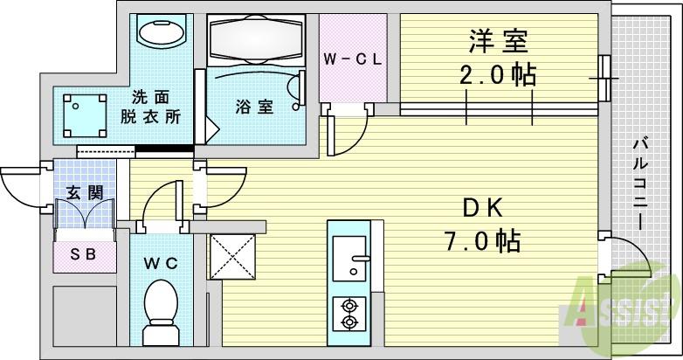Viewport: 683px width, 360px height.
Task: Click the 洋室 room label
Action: (x=499, y=41)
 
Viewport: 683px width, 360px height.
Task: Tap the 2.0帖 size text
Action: (x=498, y=75)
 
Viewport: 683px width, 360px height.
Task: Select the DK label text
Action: (x=483, y=209)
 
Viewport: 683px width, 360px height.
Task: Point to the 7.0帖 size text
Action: (x=482, y=240)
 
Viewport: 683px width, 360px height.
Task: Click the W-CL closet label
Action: (x=353, y=59)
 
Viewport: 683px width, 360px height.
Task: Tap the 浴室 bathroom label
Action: (x=254, y=107)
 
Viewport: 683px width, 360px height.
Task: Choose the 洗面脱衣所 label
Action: (x=150, y=107)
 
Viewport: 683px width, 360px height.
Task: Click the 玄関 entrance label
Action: (x=85, y=192)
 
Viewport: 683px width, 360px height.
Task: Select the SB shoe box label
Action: (x=83, y=253)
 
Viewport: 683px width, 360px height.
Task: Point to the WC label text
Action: (x=161, y=263)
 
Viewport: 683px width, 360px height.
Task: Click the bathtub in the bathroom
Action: (x=257, y=40)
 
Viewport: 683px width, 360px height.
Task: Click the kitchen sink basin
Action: (x=349, y=259)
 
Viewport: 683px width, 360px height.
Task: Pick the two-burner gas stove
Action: (x=349, y=315)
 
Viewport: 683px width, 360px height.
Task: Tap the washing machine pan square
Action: (x=85, y=115)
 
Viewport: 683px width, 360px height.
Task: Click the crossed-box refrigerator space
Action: (x=232, y=257)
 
